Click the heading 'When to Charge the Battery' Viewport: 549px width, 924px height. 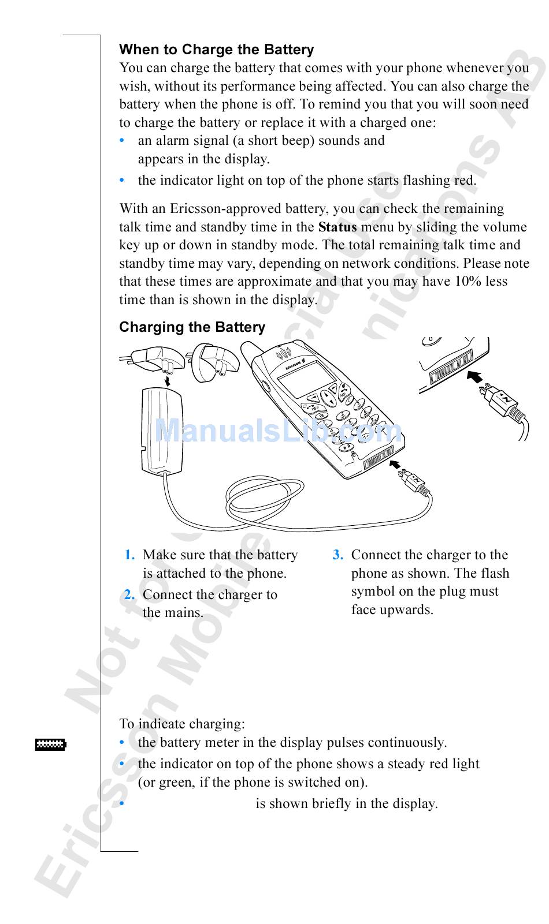point(217,50)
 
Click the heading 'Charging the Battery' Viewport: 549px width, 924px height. point(192,327)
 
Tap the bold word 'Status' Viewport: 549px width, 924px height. point(337,227)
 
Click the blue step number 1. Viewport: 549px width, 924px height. point(129,555)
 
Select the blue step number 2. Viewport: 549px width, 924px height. point(129,595)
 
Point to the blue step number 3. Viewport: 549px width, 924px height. point(338,555)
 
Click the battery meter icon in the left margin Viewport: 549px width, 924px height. point(50,745)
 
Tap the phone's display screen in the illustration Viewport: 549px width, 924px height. point(306,379)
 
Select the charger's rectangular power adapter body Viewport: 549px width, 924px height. point(161,432)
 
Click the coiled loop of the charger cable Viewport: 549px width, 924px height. point(264,497)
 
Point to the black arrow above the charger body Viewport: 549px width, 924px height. point(167,381)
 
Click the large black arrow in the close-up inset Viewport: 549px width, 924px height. point(474,377)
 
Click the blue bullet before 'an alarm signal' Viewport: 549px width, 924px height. point(122,141)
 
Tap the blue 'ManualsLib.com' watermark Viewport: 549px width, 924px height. point(279,431)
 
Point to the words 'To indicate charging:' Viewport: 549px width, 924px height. point(182,724)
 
